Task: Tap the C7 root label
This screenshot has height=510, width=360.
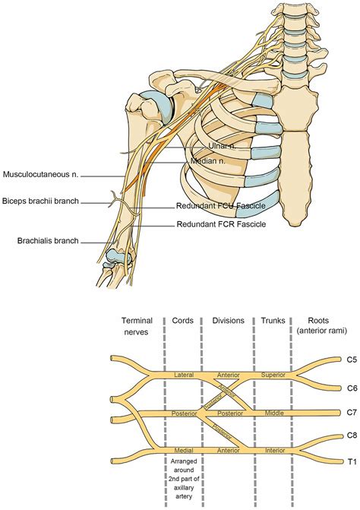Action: (x=352, y=412)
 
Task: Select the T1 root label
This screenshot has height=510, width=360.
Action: (x=352, y=460)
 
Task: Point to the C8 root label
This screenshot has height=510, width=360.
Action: (x=352, y=436)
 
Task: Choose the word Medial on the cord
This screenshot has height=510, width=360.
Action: (x=184, y=450)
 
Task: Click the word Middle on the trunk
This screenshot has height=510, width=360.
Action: (x=273, y=413)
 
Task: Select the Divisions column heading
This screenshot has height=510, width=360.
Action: (x=229, y=321)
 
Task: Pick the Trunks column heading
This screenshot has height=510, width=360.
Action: (x=273, y=321)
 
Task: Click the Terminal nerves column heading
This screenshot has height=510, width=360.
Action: (x=135, y=325)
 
